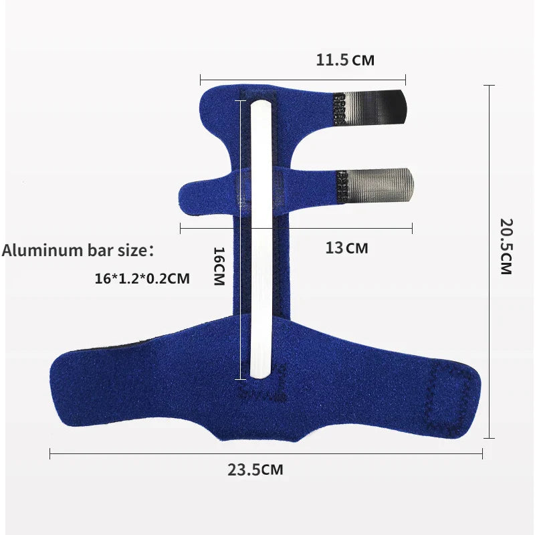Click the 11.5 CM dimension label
point(345,60)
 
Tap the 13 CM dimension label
point(346,247)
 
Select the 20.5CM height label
point(506,246)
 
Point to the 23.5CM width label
point(255,470)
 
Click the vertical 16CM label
point(219,266)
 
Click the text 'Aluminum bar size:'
point(78,250)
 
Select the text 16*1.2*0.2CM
point(142,278)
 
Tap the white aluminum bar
point(261,239)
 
